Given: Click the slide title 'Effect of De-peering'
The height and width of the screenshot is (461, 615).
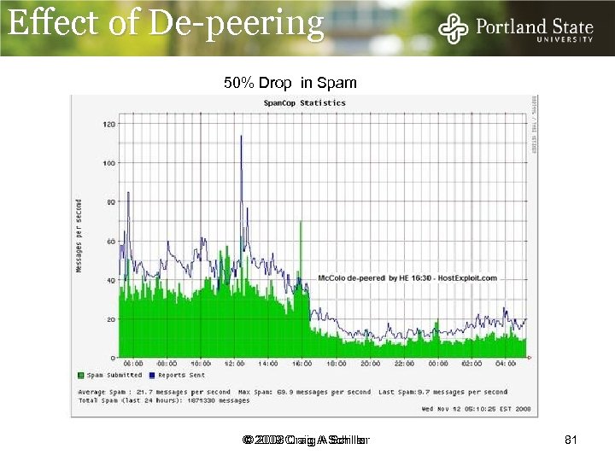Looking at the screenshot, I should (167, 24).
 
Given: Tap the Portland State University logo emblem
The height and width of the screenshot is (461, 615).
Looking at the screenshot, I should (453, 30).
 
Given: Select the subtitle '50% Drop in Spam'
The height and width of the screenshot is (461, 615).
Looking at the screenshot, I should (290, 83).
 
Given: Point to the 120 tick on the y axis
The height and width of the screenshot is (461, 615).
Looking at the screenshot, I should (109, 124).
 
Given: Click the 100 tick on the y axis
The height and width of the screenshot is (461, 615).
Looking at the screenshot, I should (109, 162).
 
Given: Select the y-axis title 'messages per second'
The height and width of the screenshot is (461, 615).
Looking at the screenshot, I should (79, 236).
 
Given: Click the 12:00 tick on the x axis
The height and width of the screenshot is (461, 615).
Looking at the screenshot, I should (235, 364).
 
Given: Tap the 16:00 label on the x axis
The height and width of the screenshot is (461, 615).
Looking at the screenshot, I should (302, 364).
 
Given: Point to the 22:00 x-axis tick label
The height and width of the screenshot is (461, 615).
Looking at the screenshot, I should (404, 364).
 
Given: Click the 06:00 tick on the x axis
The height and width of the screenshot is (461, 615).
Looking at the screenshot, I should (133, 364).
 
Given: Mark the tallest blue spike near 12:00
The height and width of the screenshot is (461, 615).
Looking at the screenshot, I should (242, 137).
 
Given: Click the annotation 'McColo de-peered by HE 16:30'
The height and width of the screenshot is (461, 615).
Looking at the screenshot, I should (407, 278).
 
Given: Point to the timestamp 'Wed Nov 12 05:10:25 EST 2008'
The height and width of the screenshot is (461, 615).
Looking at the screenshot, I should (477, 409).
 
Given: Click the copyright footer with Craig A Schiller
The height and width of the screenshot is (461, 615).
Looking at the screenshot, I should (305, 440).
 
